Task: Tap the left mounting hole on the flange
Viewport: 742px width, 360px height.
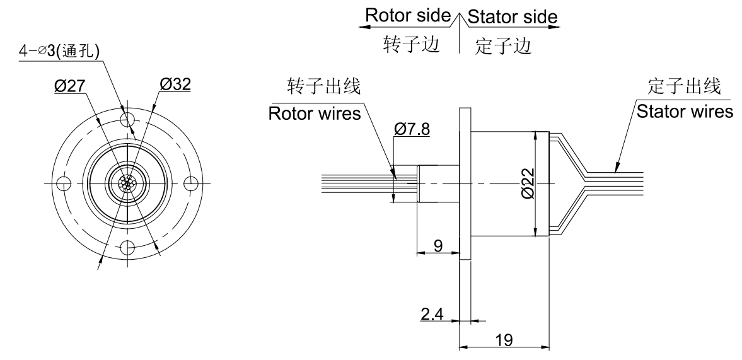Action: [63, 183]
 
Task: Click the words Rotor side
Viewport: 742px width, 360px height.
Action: [407, 17]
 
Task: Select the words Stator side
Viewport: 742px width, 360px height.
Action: [513, 17]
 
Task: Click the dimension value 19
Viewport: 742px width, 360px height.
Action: [504, 339]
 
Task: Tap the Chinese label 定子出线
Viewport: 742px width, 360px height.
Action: [685, 86]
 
